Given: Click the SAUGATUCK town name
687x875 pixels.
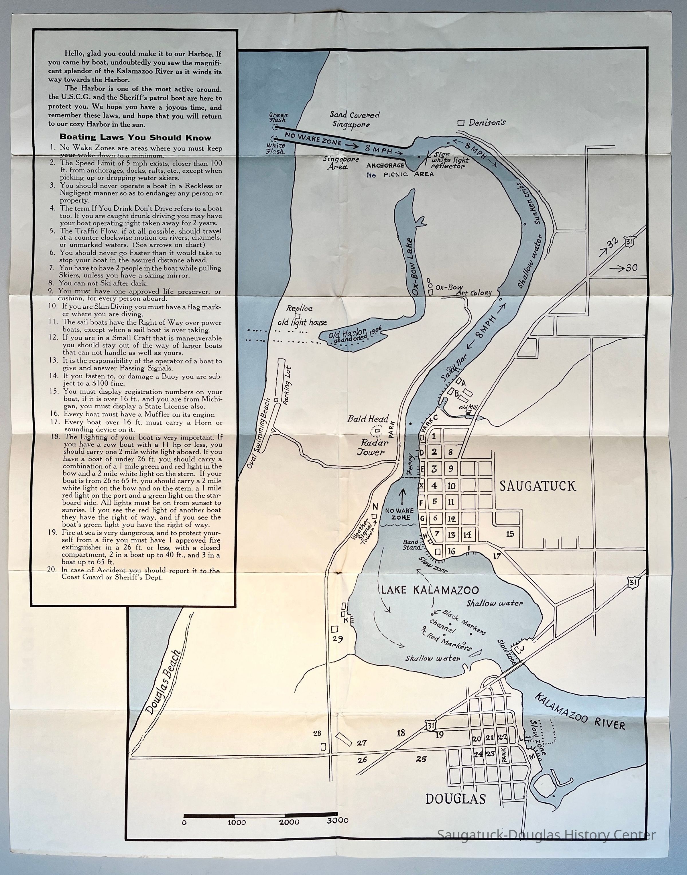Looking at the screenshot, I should [x=538, y=486].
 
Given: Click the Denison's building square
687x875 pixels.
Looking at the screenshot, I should [x=462, y=123].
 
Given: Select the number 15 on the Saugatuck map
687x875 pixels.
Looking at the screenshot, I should [x=510, y=534].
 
